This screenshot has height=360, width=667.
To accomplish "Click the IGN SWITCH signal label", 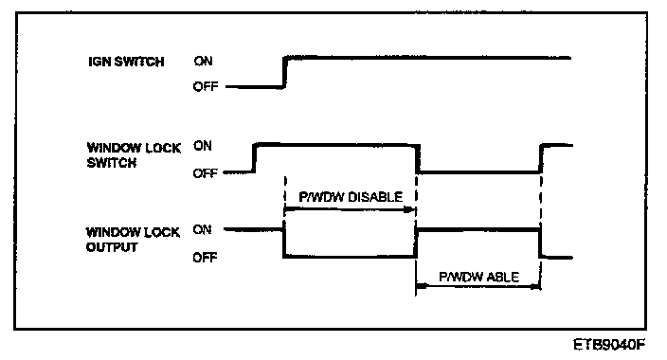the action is point(126,62).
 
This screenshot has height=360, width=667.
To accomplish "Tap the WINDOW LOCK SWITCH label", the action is point(134,155).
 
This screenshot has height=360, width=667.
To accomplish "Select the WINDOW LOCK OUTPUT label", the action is point(133,240).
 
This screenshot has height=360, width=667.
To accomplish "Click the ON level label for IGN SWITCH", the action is point(203,62).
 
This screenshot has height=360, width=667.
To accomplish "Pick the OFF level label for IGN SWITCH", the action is point(206,87).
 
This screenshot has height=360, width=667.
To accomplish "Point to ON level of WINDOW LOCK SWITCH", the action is point(203,146).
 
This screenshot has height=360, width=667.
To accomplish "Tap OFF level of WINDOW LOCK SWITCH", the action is point(205,173).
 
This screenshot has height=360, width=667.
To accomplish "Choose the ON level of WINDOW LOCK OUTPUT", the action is point(202,230).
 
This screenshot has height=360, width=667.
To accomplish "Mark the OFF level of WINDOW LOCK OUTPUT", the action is point(205,258).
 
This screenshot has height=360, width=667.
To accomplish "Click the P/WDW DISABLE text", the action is point(351,197).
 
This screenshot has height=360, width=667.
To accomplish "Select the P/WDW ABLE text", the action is point(478,277).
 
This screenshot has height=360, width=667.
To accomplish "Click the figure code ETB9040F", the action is point(609,344).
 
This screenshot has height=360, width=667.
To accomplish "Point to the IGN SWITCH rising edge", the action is point(284,72).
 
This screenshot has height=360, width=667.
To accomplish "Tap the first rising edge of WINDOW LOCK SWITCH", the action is point(254,158).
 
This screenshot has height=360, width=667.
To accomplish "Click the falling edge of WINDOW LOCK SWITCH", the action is point(418,158).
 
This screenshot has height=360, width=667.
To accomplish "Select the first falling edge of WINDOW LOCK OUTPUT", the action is point(284,243).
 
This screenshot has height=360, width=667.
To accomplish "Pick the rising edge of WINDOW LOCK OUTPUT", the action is point(416,243).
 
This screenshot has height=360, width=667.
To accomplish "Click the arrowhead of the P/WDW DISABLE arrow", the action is point(409,209).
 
